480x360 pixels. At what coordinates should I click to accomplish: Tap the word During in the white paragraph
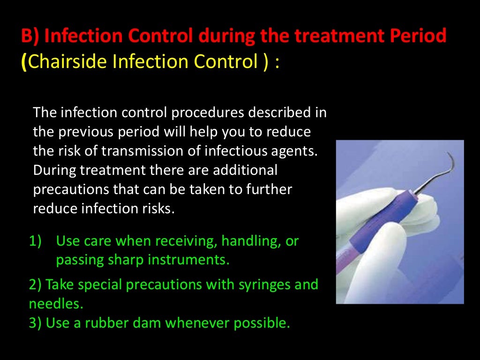tap(52, 170)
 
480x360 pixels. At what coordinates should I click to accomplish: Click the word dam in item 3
tap(156, 323)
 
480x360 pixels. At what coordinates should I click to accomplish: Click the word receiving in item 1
tap(186, 241)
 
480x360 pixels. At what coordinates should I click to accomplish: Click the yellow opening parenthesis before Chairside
tap(24, 62)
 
